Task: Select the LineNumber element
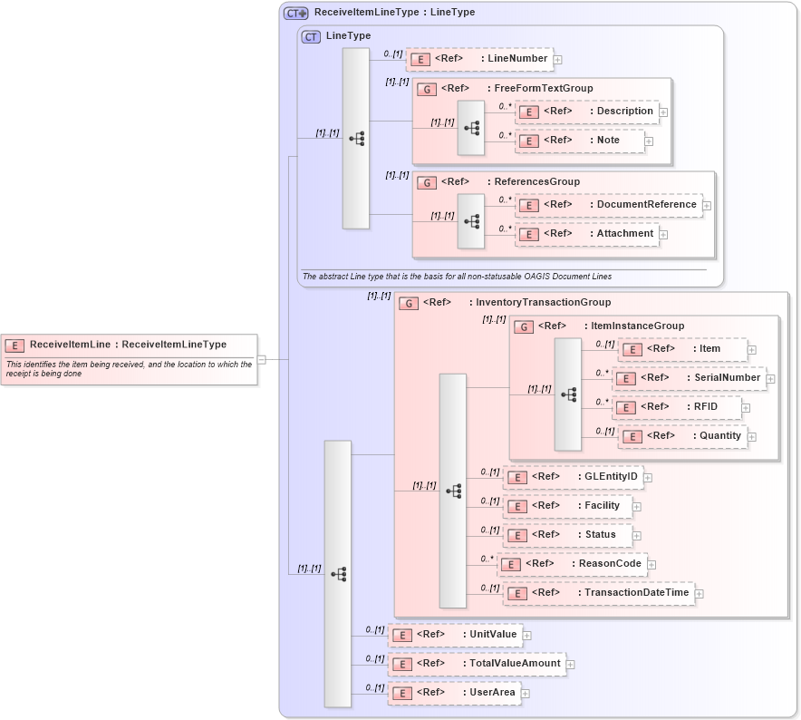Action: coord(478,59)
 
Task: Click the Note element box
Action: coord(580,141)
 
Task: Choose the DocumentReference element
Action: coord(608,205)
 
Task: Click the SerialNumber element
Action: coord(689,377)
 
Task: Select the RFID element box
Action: coord(677,407)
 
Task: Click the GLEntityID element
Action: coord(573,477)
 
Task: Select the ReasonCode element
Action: coord(572,564)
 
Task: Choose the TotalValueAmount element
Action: coord(477,664)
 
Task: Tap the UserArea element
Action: coord(454,693)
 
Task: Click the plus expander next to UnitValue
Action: coord(526,636)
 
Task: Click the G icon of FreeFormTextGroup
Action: coord(426,89)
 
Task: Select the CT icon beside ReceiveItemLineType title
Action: coord(296,13)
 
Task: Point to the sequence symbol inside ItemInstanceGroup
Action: coord(569,394)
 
